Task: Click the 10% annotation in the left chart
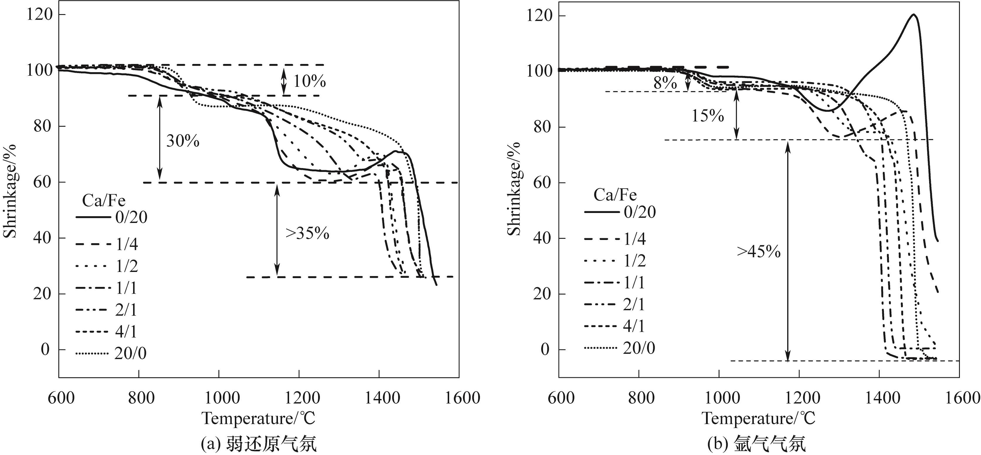tap(309, 81)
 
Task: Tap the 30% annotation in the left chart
tap(183, 141)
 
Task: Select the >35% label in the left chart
tap(307, 233)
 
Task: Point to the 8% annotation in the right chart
tap(665, 83)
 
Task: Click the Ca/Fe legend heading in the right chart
tap(615, 195)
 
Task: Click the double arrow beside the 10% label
tap(283, 81)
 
